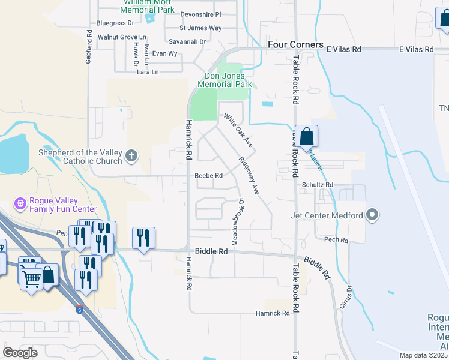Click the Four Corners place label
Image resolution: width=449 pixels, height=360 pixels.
coord(295,45)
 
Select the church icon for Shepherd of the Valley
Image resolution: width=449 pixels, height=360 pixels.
coord(131,157)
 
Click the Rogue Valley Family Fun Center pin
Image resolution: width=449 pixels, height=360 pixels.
coord(20,204)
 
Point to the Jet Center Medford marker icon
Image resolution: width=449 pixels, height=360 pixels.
coord(372,215)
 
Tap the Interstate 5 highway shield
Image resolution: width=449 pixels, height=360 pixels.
coord(80,310)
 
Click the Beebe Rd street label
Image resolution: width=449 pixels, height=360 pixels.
coord(209,176)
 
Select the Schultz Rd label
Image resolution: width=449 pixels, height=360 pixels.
coord(318,185)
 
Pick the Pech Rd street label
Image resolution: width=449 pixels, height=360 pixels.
coord(336,240)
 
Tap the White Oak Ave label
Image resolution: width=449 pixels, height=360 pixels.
coord(239,130)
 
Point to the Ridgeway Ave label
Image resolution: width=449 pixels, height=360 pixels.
coord(249,176)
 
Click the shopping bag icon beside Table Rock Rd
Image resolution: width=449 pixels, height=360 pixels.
coord(306,137)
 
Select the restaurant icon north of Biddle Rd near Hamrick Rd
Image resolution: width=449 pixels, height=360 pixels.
coord(143,238)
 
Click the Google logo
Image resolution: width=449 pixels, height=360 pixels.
coord(20,352)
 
